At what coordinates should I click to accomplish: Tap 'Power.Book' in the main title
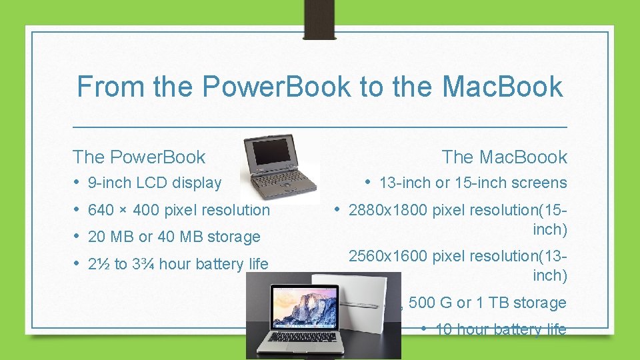pyautogui.click(x=276, y=87)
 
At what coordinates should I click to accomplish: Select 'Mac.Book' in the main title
pyautogui.click(x=502, y=87)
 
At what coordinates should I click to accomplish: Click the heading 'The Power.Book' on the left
pyautogui.click(x=139, y=157)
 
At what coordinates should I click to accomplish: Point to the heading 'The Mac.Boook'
pyautogui.click(x=504, y=157)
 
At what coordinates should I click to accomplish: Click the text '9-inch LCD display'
pyautogui.click(x=155, y=183)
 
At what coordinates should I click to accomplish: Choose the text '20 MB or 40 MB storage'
pyautogui.click(x=174, y=237)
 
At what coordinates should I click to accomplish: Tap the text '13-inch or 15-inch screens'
pyautogui.click(x=473, y=183)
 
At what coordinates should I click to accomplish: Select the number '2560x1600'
pyautogui.click(x=389, y=255)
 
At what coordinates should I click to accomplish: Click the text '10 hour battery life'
pyautogui.click(x=500, y=329)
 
